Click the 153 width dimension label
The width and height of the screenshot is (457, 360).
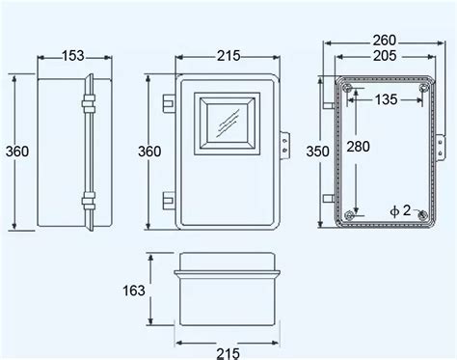point(73,56)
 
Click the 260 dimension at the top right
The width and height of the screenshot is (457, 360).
point(385,41)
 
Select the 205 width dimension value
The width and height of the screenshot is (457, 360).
point(385,56)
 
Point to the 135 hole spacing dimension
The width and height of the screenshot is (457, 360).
point(386,99)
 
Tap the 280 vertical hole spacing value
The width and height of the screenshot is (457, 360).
point(358,147)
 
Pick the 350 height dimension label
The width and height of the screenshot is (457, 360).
point(317,152)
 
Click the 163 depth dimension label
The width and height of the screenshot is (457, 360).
point(134,291)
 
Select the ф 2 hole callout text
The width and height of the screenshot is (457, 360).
point(400,210)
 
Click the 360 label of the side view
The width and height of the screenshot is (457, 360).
point(17,152)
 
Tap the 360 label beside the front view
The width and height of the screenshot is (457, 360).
point(149,152)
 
